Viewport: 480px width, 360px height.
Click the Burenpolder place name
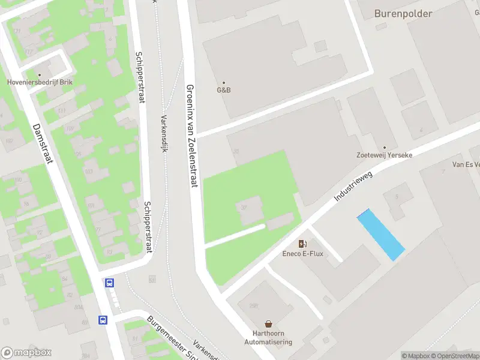coord(403,13)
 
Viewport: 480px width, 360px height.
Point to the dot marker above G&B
coord(224,83)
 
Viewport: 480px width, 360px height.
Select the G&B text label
coord(224,91)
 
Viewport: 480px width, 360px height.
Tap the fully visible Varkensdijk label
coord(163,133)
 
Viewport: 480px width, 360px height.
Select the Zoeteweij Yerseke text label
coord(385,155)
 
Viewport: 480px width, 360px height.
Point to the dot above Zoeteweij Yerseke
coord(385,147)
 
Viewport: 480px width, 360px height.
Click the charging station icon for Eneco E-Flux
coord(303,244)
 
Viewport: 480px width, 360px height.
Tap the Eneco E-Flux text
coord(303,253)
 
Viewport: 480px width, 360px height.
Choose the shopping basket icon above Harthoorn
coord(268,323)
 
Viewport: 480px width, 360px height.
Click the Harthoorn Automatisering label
coord(268,338)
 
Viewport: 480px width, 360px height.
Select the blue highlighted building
coord(380,234)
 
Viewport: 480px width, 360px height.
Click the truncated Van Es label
coord(466,164)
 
